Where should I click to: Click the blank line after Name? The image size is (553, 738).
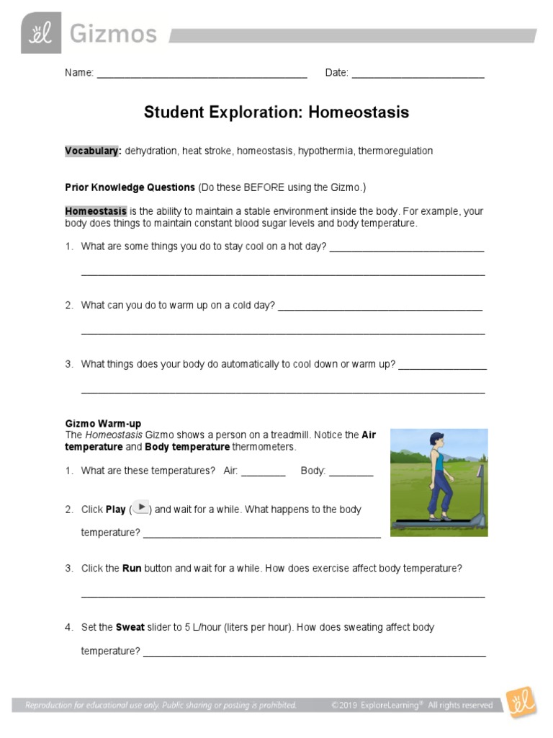pos(202,75)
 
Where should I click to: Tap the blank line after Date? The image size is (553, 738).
pos(418,75)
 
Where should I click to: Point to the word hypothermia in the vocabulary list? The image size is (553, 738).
pos(325,151)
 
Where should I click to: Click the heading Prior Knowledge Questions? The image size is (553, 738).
pos(130,187)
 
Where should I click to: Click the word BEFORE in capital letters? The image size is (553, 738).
pos(264,187)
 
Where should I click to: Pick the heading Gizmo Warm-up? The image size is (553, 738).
pos(103,424)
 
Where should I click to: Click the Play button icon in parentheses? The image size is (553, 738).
pos(141,507)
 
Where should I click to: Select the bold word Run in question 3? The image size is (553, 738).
pos(132,568)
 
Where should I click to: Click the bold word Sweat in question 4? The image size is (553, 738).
pos(130,627)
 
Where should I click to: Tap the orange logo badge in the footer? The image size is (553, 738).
pos(520,703)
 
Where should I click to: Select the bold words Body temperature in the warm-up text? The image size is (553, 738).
pos(187,447)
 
